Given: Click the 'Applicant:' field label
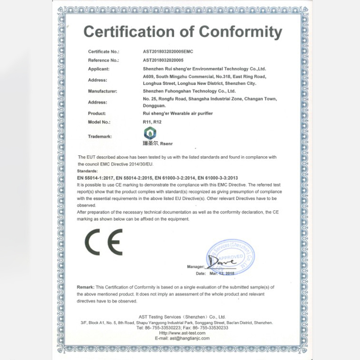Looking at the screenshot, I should pyautogui.click(x=99, y=69).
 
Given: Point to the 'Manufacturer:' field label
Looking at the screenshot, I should pyautogui.click(x=103, y=91).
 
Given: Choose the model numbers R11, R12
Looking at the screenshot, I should pyautogui.click(x=150, y=122).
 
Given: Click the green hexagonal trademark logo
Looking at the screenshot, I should pyautogui.click(x=148, y=133).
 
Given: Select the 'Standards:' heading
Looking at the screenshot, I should pyautogui.click(x=87, y=171).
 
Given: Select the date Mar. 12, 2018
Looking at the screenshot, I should pyautogui.click(x=222, y=273).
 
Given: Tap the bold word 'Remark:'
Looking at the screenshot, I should pyautogui.click(x=85, y=287).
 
